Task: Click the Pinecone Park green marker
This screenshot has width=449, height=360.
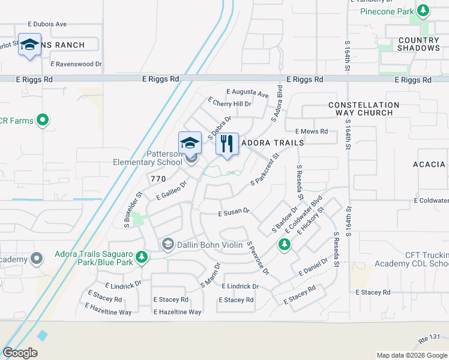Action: pos(424,11)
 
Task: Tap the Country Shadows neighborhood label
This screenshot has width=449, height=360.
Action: pos(419,44)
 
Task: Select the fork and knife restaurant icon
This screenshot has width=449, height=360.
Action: pos(227,144)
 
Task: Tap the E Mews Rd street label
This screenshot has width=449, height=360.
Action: pos(312,131)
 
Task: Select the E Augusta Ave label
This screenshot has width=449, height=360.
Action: pos(247,93)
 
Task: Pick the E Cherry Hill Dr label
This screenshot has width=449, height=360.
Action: pos(229,103)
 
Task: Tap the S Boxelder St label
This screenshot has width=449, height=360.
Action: pos(133,209)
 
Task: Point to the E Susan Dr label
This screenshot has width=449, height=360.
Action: pos(234,213)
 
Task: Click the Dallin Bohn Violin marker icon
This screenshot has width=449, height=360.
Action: pos(167,244)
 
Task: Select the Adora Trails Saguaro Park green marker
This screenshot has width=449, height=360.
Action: pos(142,257)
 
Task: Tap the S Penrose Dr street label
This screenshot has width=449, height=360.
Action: pos(258,258)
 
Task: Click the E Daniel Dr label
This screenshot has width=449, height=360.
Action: pos(313,267)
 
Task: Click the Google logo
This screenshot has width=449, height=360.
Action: pos(20,353)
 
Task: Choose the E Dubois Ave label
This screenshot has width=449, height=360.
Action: pos(47,25)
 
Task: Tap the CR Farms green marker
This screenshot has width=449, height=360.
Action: pos(42,121)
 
